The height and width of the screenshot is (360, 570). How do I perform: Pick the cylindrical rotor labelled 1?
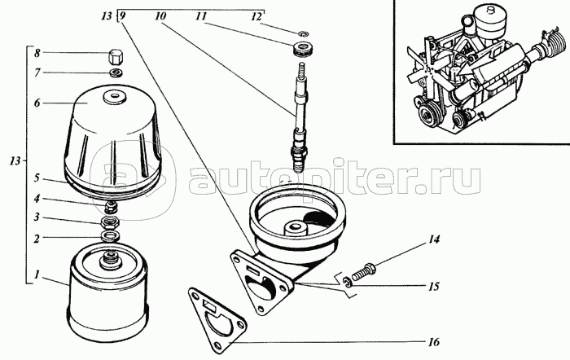coord(109,297)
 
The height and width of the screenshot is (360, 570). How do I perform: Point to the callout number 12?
coord(256,15)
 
